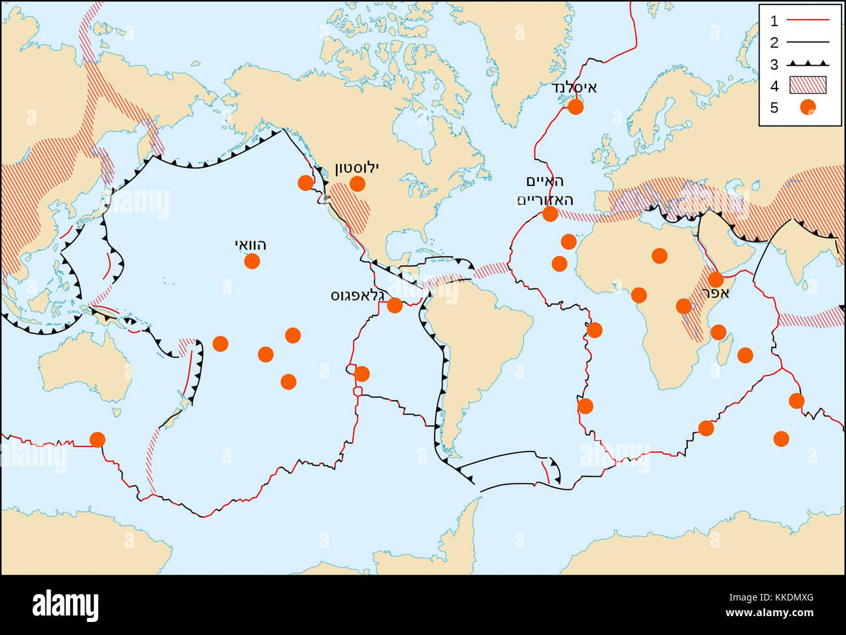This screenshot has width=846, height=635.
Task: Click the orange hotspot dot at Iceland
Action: (575, 107)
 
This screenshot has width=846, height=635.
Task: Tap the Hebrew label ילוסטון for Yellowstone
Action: (357, 168)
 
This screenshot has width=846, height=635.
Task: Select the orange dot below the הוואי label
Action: (252, 261)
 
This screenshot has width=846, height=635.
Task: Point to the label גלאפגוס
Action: (357, 295)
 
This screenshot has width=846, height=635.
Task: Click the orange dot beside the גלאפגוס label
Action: (394, 304)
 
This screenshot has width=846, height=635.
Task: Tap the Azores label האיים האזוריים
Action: (545, 190)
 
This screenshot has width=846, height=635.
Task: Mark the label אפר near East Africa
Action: (715, 293)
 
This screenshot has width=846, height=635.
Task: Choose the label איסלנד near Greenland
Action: (573, 88)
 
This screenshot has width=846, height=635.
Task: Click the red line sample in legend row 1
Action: (808, 21)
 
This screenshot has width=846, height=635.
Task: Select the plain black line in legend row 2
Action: (808, 42)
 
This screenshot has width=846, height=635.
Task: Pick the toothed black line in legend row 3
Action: (808, 64)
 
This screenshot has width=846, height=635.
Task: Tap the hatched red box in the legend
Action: (808, 85)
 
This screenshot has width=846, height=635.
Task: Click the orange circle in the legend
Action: (808, 107)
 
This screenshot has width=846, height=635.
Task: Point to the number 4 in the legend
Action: (774, 85)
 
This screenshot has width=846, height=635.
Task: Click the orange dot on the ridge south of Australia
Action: (97, 440)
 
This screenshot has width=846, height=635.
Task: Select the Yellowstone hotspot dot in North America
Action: (357, 183)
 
